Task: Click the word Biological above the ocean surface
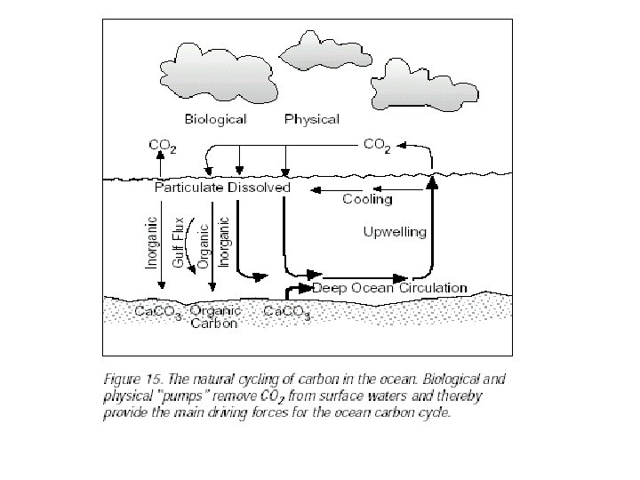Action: point(215,118)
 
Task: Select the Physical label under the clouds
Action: point(311,118)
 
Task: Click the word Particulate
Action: point(190,188)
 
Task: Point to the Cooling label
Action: point(367,200)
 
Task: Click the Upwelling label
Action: point(395,232)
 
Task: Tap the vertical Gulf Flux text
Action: point(179,242)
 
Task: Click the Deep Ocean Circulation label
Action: point(388,287)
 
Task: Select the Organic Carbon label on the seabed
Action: point(214,318)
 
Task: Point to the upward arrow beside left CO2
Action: point(160,164)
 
